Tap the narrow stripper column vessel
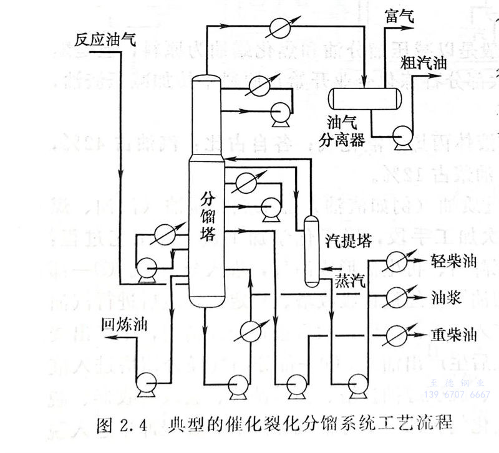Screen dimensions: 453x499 click(x=310, y=249)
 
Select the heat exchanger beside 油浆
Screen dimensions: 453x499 click(x=397, y=295)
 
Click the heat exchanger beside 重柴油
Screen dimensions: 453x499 click(x=397, y=332)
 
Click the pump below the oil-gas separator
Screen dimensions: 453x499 click(x=400, y=136)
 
